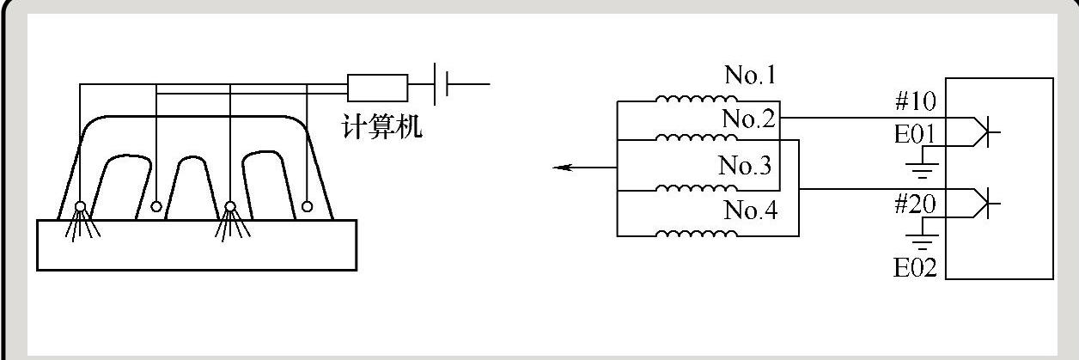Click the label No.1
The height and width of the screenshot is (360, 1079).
[750, 76]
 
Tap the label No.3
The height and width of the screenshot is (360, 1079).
[745, 166]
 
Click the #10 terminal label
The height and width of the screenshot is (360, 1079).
[916, 102]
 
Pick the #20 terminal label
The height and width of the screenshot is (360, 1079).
[916, 204]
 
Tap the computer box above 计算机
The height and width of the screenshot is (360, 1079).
[377, 88]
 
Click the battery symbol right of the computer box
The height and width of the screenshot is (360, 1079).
[442, 85]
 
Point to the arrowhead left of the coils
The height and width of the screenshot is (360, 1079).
[563, 167]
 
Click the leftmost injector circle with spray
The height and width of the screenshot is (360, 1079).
[80, 207]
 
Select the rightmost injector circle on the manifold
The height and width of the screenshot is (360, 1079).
[308, 206]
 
